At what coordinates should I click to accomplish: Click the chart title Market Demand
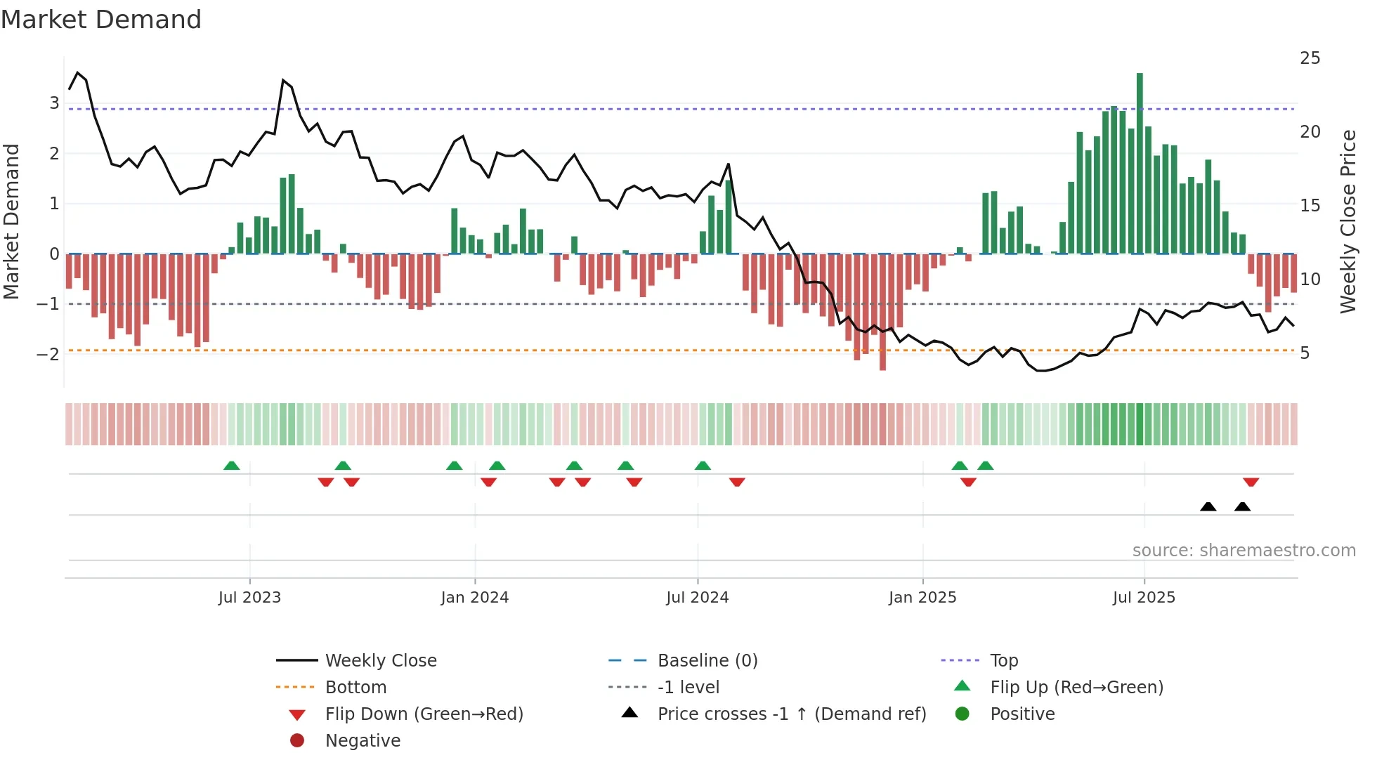pos(101,20)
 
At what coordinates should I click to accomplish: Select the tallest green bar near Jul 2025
pos(1140,163)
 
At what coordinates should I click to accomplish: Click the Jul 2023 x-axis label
pos(249,598)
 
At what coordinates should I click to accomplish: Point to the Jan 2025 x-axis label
pos(922,598)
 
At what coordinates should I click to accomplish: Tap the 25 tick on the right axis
pos(1310,58)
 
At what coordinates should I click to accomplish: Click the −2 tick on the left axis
pos(48,354)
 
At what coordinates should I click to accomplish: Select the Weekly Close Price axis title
pos(1347,221)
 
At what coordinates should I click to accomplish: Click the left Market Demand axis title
pos(12,221)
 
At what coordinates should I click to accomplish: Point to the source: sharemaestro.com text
pos(1244,551)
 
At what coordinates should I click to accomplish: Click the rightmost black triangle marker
pos(1242,506)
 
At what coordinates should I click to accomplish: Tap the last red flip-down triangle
pos(1251,482)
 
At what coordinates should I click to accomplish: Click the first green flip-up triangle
pos(231,466)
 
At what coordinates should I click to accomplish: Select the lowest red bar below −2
pos(882,312)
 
